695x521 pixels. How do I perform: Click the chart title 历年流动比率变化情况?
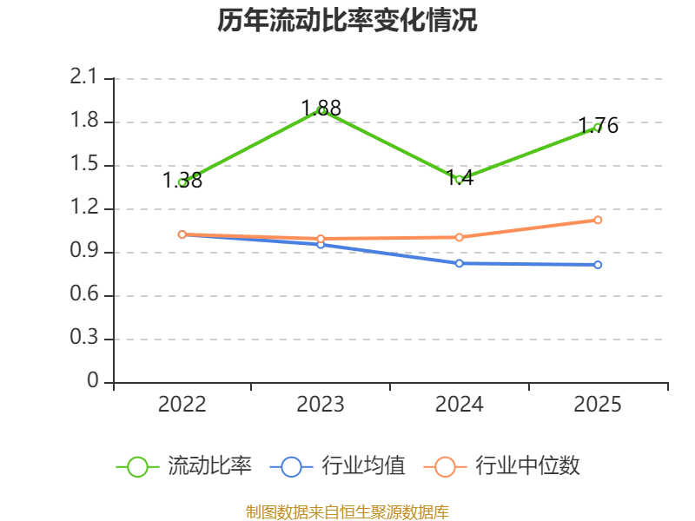point(347,20)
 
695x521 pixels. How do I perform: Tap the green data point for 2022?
point(182,182)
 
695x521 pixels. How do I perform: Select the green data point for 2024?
point(460,180)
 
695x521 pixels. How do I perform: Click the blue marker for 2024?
point(460,264)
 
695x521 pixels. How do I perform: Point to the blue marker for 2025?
point(598,265)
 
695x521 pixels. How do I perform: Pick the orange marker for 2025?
point(598,221)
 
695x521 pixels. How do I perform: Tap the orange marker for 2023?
point(321,239)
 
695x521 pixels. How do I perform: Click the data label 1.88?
point(321,108)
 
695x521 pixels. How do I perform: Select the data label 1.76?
point(598,125)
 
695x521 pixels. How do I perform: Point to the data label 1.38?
point(182,181)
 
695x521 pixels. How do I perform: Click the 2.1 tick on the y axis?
point(83,77)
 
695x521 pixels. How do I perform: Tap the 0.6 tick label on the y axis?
point(83,293)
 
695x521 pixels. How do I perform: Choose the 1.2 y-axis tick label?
point(83,207)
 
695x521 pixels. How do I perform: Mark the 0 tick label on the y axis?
point(93,380)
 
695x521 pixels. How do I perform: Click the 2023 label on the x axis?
point(321,405)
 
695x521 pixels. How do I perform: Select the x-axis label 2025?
point(598,405)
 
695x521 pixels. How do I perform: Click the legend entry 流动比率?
point(184,466)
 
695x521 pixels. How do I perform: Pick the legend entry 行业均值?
point(337,466)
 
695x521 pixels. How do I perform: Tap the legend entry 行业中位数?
point(502,466)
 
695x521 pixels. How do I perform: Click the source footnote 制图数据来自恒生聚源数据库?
point(347,512)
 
